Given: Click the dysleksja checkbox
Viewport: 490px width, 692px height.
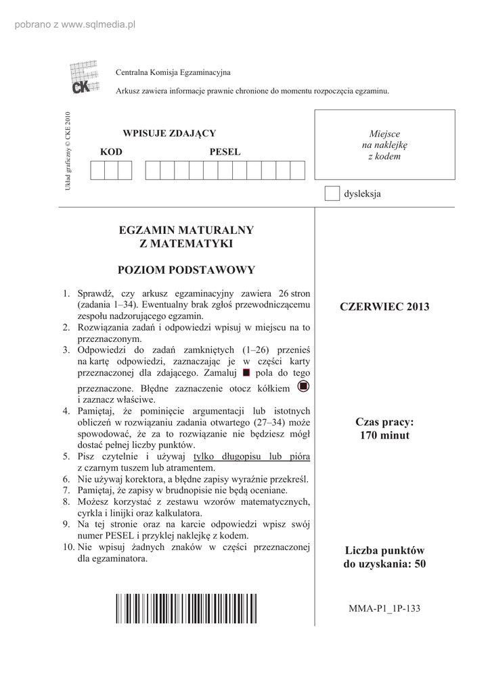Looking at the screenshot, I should [332, 193].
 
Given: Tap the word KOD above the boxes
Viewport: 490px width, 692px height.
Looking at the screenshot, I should [111, 152].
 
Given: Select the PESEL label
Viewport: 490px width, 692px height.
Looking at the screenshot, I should [225, 152].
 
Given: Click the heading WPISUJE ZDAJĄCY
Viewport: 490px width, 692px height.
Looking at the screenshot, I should [169, 133].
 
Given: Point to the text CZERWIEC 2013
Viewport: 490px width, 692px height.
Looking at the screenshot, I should [384, 307].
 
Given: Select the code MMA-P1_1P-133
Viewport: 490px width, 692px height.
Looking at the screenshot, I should [384, 608].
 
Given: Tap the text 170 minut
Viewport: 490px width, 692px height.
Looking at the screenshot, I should [384, 435].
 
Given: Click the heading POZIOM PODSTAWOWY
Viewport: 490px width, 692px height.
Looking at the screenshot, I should [186, 270].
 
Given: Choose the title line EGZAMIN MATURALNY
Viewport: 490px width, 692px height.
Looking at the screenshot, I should [186, 230].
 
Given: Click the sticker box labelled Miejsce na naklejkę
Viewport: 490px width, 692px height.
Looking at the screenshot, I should [384, 145].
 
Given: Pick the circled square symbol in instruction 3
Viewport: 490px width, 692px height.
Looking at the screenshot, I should [303, 386].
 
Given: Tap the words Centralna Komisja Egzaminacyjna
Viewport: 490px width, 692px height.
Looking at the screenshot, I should [173, 72].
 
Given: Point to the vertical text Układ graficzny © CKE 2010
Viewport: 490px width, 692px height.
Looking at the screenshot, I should [67, 150].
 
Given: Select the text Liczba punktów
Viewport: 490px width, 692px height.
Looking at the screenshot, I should [384, 551].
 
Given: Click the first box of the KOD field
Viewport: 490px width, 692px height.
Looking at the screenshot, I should [97, 170].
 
